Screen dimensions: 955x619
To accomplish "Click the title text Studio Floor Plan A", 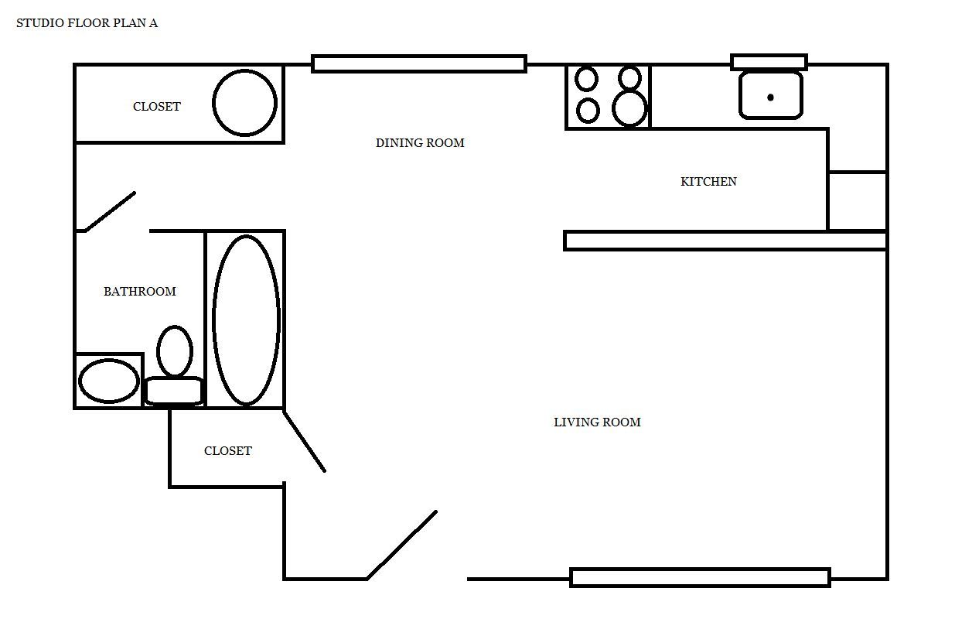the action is [87, 22].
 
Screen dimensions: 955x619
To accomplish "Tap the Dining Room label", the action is [420, 142].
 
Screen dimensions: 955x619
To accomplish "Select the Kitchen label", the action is [708, 181].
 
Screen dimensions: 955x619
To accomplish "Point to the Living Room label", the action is [597, 422].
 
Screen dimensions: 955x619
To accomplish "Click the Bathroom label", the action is [140, 291].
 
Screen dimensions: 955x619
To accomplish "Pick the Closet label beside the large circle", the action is [157, 106].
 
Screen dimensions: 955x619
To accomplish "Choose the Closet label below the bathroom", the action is [228, 450].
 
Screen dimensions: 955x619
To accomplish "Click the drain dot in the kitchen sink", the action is [770, 97].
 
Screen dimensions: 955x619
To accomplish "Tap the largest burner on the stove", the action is [629, 108].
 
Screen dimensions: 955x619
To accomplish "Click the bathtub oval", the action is [213, 320].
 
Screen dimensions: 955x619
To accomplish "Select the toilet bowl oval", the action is [157, 351].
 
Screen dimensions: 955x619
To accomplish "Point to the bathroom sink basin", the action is [79, 381].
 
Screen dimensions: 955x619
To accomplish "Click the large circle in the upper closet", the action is [213, 103].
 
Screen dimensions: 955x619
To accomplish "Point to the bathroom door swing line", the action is [110, 212].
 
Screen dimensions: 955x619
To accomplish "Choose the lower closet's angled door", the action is [305, 442].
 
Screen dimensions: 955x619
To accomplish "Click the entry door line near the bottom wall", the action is [401, 545].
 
